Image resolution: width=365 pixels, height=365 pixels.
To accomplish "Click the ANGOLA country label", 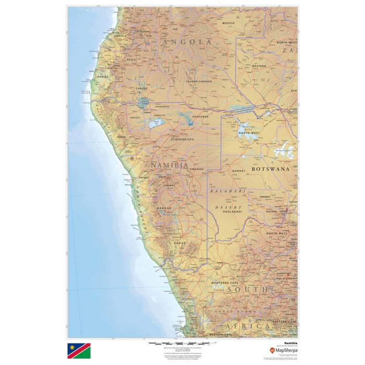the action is [x=187, y=42].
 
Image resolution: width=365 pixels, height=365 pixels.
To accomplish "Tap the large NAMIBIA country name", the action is [x=169, y=165].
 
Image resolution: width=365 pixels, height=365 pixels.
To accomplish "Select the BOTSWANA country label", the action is [x=270, y=169].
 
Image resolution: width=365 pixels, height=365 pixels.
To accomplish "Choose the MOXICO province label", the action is [x=228, y=23].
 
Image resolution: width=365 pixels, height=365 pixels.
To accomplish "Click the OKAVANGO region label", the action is [x=200, y=117].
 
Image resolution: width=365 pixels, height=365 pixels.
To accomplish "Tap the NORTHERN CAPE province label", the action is [x=226, y=282].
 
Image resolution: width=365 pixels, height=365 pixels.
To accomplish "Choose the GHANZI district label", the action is [x=239, y=171].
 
